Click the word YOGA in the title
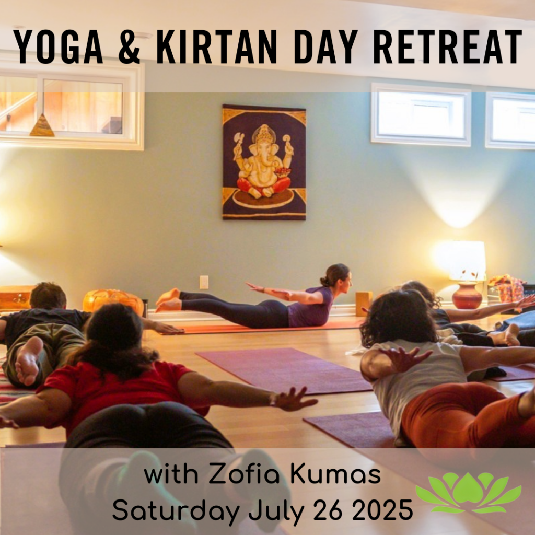pos(58,46)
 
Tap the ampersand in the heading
pos(129,46)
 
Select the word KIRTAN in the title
pos(217,46)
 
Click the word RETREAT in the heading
pos(448,46)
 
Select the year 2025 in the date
pos(382,510)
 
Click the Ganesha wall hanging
pos(264,162)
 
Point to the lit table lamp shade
pos(467,260)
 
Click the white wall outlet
pos(204,282)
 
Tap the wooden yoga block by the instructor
pos(364,304)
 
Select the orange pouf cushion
pos(113,301)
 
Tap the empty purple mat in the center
pos(283,370)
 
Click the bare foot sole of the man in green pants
pos(28,361)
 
